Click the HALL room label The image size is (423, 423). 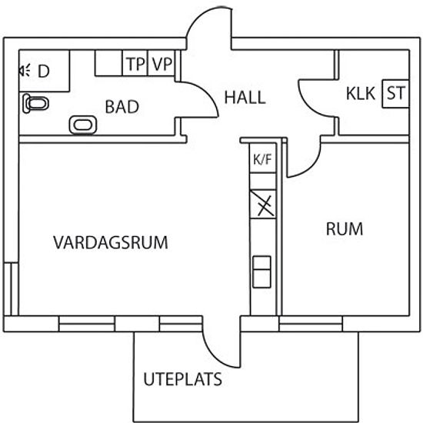pyautogui.click(x=245, y=98)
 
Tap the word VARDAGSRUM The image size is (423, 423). pyautogui.click(x=111, y=242)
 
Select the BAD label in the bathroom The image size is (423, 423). pyautogui.click(x=122, y=107)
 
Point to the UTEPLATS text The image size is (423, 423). pyautogui.click(x=182, y=379)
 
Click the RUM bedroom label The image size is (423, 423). pyautogui.click(x=345, y=229)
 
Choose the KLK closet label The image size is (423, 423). pyautogui.click(x=361, y=94)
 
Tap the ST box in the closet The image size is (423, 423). pyautogui.click(x=396, y=94)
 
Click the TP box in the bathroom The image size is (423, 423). pyautogui.click(x=135, y=63)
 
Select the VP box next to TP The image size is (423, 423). pyautogui.click(x=162, y=63)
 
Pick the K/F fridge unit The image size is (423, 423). pyautogui.click(x=263, y=158)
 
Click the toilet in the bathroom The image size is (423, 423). pyautogui.click(x=35, y=103)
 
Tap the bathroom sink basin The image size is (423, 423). pyautogui.click(x=83, y=125)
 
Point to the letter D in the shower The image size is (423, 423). pyautogui.click(x=44, y=72)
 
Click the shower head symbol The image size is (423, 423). pyautogui.click(x=25, y=71)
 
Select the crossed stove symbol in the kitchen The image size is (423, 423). pyautogui.click(x=263, y=205)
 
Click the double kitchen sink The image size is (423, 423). pyautogui.click(x=261, y=272)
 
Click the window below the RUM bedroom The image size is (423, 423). pyautogui.click(x=311, y=324)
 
